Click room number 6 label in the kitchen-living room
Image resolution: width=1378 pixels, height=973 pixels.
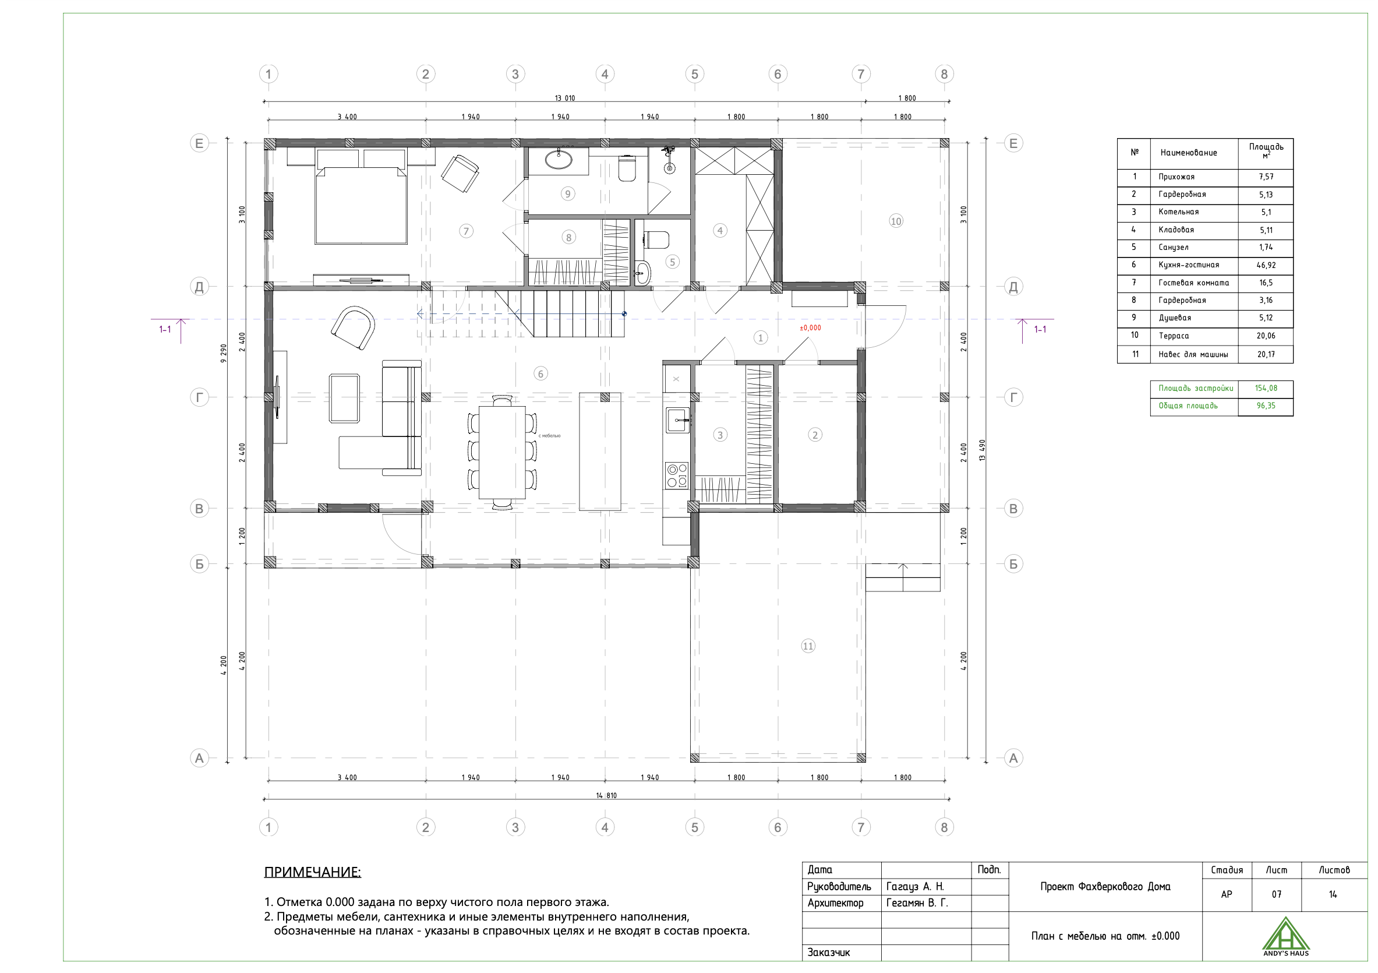point(540,374)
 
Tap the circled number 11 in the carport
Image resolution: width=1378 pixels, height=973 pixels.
point(808,646)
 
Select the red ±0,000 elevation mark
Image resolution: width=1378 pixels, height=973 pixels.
point(810,328)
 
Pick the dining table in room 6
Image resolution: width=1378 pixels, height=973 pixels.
point(503,452)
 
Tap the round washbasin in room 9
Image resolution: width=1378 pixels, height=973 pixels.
point(559,159)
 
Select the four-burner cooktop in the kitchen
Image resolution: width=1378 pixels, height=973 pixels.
point(676,475)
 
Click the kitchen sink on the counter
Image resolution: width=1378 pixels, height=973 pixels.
point(677,419)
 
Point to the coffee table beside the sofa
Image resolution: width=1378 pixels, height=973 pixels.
point(345,398)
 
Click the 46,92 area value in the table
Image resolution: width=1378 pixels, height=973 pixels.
point(1266,265)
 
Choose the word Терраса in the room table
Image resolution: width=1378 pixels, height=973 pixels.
point(1174,336)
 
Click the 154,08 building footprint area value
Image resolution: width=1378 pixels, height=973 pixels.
point(1266,389)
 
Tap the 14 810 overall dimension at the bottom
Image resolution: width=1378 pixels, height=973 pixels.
point(606,795)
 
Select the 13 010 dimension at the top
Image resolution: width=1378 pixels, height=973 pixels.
point(565,98)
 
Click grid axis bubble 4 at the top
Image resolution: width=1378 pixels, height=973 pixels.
point(605,75)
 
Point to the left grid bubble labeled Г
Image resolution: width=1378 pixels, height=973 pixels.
point(199,397)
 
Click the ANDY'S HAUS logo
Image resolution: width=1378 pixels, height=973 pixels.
point(1285,937)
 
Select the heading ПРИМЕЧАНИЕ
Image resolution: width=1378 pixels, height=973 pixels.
point(313,872)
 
